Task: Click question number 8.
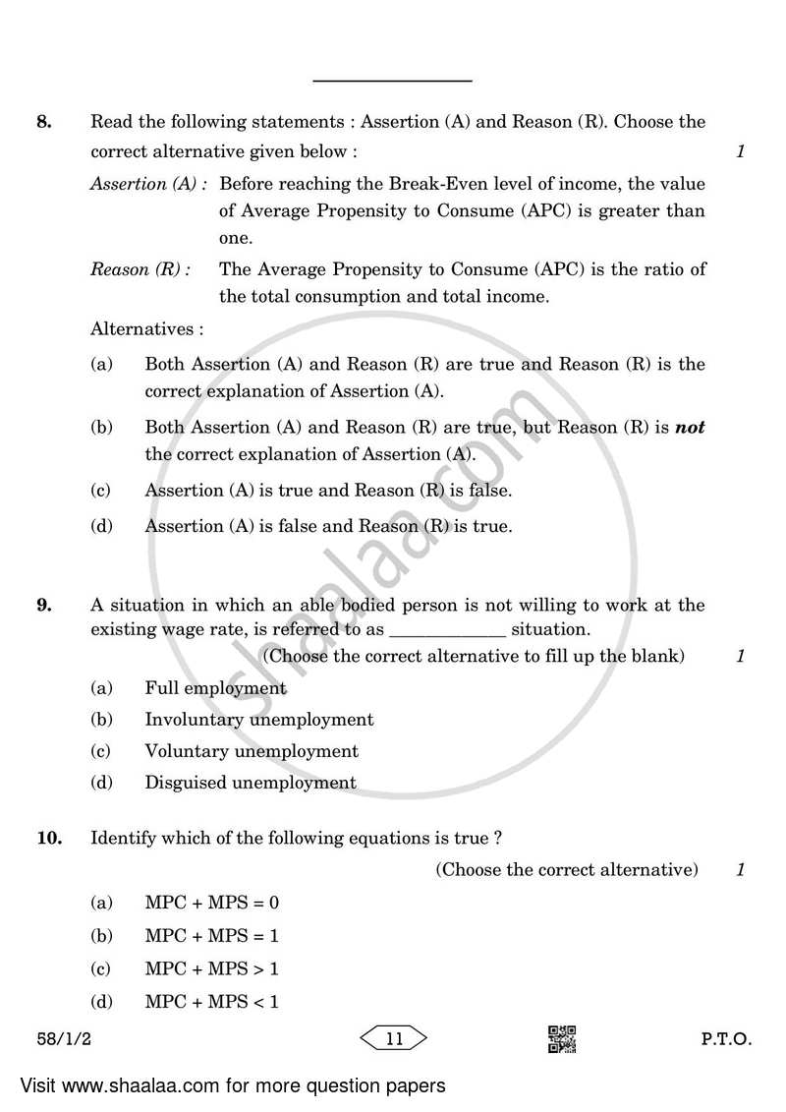pos(42,122)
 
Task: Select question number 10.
pos(49,838)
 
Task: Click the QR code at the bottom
pos(561,1038)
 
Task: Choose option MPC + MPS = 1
pos(211,936)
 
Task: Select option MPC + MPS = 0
pos(211,902)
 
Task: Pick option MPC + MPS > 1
pos(211,968)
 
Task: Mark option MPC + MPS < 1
pos(211,1002)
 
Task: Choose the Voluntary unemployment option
pos(251,751)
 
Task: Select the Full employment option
pos(215,688)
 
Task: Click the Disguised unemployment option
pos(250,783)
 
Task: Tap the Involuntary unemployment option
pos(258,720)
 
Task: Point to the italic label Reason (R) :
pos(140,269)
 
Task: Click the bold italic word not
pos(691,428)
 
